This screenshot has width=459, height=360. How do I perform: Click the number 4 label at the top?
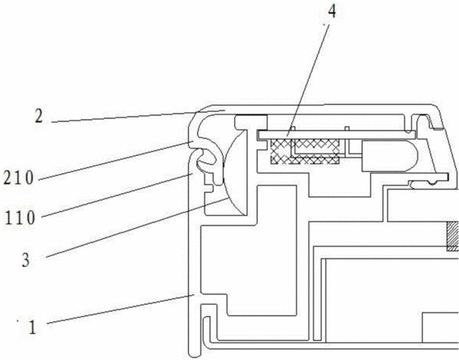tap(332, 12)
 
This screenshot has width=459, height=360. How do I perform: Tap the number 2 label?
tap(38, 116)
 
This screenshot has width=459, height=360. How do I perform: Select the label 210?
tap(18, 178)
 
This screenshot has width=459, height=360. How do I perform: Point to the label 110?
tap(20, 218)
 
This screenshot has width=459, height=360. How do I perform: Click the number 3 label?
tap(26, 260)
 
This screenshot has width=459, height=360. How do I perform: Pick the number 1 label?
tap(32, 327)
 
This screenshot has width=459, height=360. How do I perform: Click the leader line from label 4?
tap(309, 80)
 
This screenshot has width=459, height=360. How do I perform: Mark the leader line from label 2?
tap(138, 116)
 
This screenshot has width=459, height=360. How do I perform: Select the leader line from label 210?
tap(116, 161)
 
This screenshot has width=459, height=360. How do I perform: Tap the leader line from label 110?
tap(117, 195)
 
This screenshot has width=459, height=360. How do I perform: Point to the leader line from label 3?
tap(137, 228)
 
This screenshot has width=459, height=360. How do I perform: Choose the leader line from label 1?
tap(120, 310)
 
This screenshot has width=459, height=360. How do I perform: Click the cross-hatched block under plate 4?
tap(305, 151)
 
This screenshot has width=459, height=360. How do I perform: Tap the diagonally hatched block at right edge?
tap(453, 236)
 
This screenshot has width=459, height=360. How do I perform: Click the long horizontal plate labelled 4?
tap(337, 134)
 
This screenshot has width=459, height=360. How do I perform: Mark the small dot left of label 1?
tap(18, 321)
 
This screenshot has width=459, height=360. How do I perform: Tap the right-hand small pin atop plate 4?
tap(347, 129)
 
